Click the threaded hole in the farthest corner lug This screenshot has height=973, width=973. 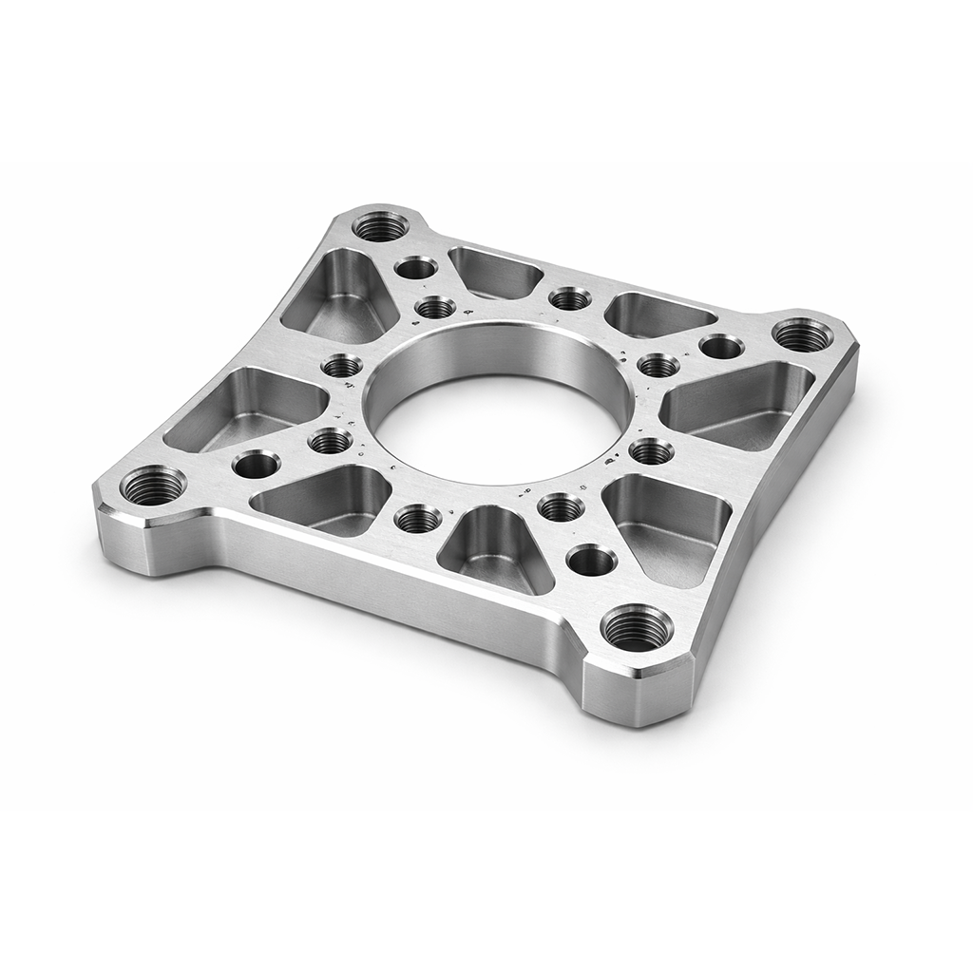[380, 226]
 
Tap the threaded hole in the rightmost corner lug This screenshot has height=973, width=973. [802, 334]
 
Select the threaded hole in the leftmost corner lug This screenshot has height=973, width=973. [153, 486]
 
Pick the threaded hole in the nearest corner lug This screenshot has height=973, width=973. [637, 627]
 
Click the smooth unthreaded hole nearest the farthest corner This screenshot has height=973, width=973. [416, 267]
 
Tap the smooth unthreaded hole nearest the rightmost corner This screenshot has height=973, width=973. [721, 347]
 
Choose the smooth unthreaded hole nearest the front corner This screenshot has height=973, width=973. [591, 560]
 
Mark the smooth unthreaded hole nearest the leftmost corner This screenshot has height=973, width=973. [256, 465]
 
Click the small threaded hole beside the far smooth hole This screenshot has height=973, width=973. [435, 307]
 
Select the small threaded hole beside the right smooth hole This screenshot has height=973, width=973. [658, 365]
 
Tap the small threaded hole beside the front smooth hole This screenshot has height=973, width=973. [562, 507]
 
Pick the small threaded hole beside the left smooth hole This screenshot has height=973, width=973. [330, 440]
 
